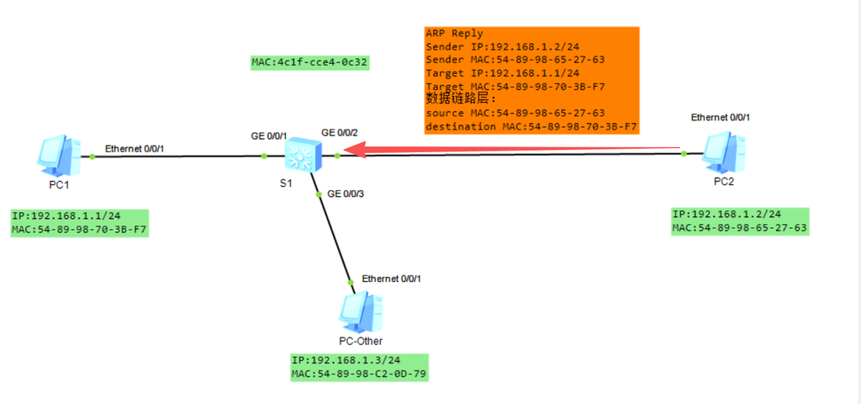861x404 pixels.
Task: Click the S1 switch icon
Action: pyautogui.click(x=303, y=155)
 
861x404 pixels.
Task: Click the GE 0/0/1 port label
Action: pyautogui.click(x=269, y=136)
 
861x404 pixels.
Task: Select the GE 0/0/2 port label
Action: pyautogui.click(x=340, y=132)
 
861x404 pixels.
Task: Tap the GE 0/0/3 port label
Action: pyautogui.click(x=346, y=194)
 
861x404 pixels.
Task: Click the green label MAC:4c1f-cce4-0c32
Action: pyautogui.click(x=309, y=62)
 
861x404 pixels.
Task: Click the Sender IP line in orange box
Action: pyautogui.click(x=494, y=47)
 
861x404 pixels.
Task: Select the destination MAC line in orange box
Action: pyautogui.click(x=531, y=127)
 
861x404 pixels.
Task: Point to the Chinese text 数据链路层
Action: pyautogui.click(x=462, y=99)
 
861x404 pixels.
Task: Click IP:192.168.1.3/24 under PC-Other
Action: pyautogui.click(x=346, y=360)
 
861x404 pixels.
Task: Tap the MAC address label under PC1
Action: pyautogui.click(x=79, y=229)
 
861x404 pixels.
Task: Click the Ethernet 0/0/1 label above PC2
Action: pyautogui.click(x=721, y=117)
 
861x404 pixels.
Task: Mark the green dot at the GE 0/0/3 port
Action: pyautogui.click(x=319, y=194)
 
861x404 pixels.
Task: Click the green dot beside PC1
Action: pyautogui.click(x=92, y=157)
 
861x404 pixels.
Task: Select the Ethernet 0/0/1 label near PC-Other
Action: pyautogui.click(x=392, y=279)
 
